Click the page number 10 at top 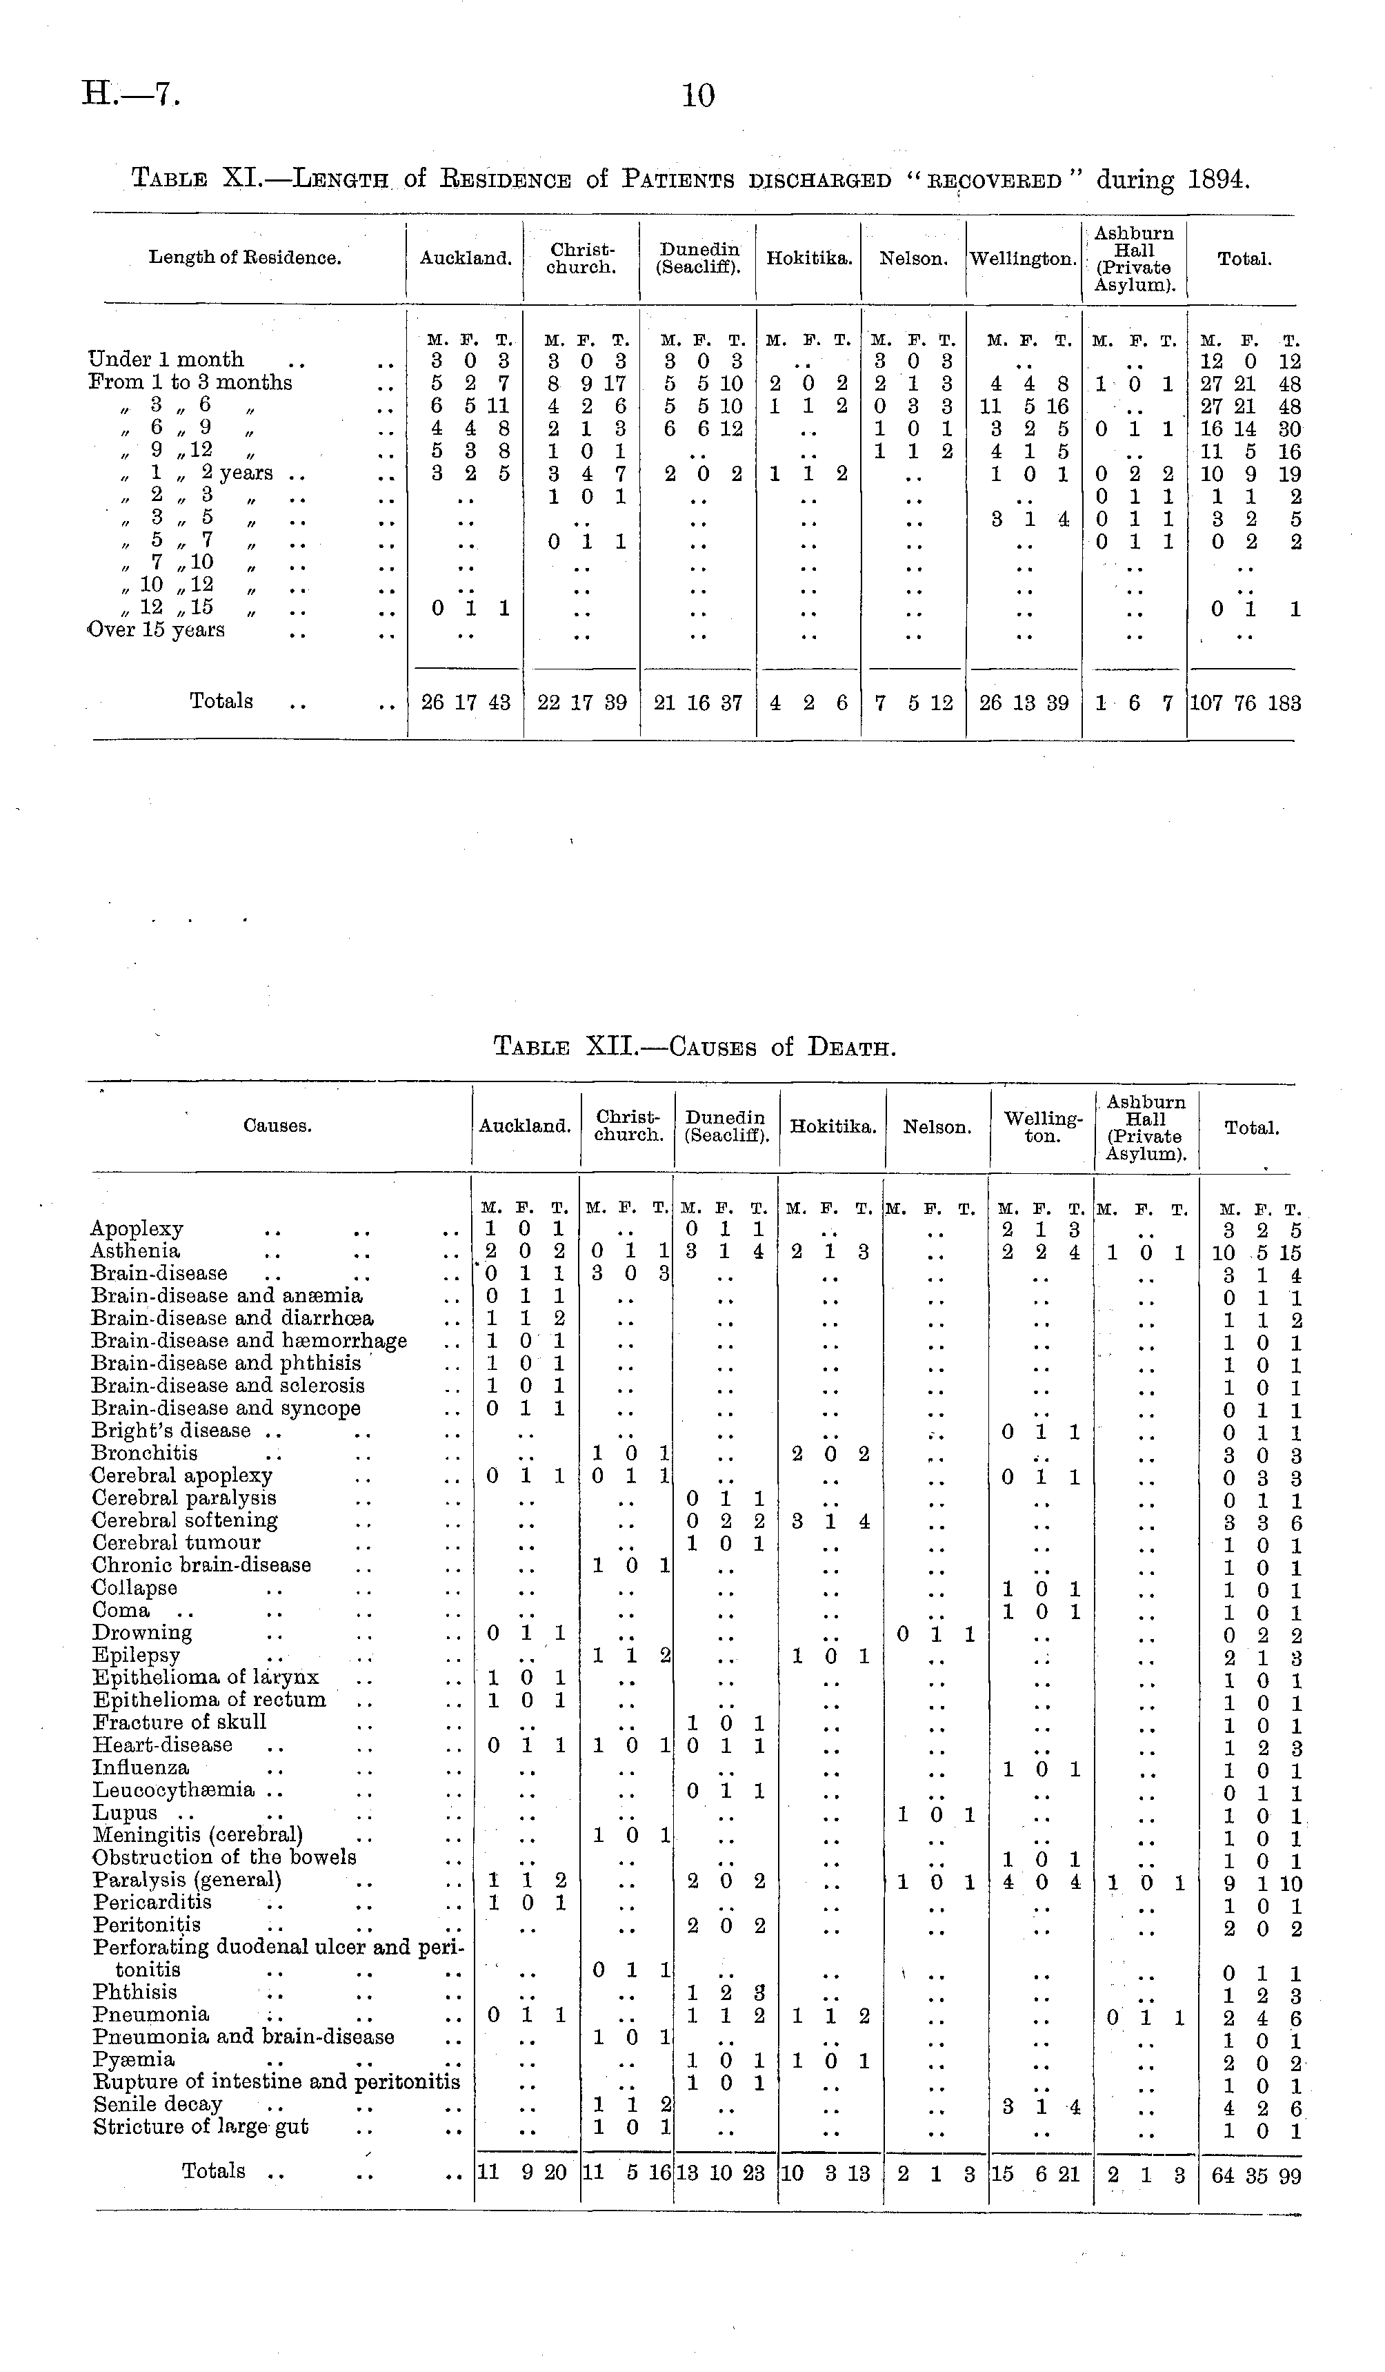click(698, 95)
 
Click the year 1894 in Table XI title click(1219, 179)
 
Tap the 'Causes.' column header click(277, 1126)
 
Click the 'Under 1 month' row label click(166, 360)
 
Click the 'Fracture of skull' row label click(180, 1722)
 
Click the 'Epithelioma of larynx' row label click(206, 1676)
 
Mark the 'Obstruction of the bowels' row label click(225, 1857)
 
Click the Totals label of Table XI click(221, 701)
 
